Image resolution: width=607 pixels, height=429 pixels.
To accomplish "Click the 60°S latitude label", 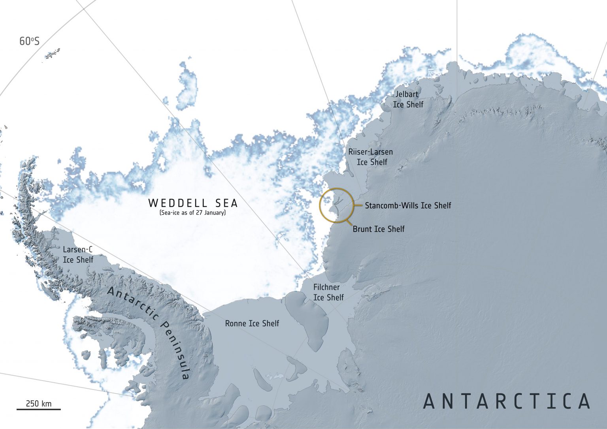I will click(x=29, y=41).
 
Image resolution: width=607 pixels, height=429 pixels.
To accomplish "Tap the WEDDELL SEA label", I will click(x=193, y=203).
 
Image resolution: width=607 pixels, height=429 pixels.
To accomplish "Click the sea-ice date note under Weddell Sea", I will click(x=192, y=213).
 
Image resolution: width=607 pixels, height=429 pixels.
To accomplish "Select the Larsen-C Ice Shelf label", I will click(x=78, y=255).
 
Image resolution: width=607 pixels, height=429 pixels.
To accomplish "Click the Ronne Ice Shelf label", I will click(x=252, y=324).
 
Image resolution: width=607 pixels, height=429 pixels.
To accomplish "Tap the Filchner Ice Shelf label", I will click(x=328, y=292).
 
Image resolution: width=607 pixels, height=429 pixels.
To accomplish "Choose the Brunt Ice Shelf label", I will click(x=379, y=229).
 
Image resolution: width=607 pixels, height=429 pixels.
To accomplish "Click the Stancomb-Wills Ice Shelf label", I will click(x=408, y=205).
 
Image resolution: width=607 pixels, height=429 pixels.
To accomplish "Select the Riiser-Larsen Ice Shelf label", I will click(x=371, y=157).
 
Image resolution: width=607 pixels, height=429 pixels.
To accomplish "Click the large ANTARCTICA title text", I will click(x=507, y=401).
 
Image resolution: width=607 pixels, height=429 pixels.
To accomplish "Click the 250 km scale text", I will click(x=38, y=404).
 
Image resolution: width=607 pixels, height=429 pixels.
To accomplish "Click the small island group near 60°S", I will click(x=53, y=54).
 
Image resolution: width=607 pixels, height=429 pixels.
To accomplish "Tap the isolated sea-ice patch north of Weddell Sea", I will click(x=188, y=87).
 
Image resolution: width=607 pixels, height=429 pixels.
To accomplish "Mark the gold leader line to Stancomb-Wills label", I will click(x=356, y=205).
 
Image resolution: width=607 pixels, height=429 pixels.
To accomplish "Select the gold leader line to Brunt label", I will click(x=348, y=222).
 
